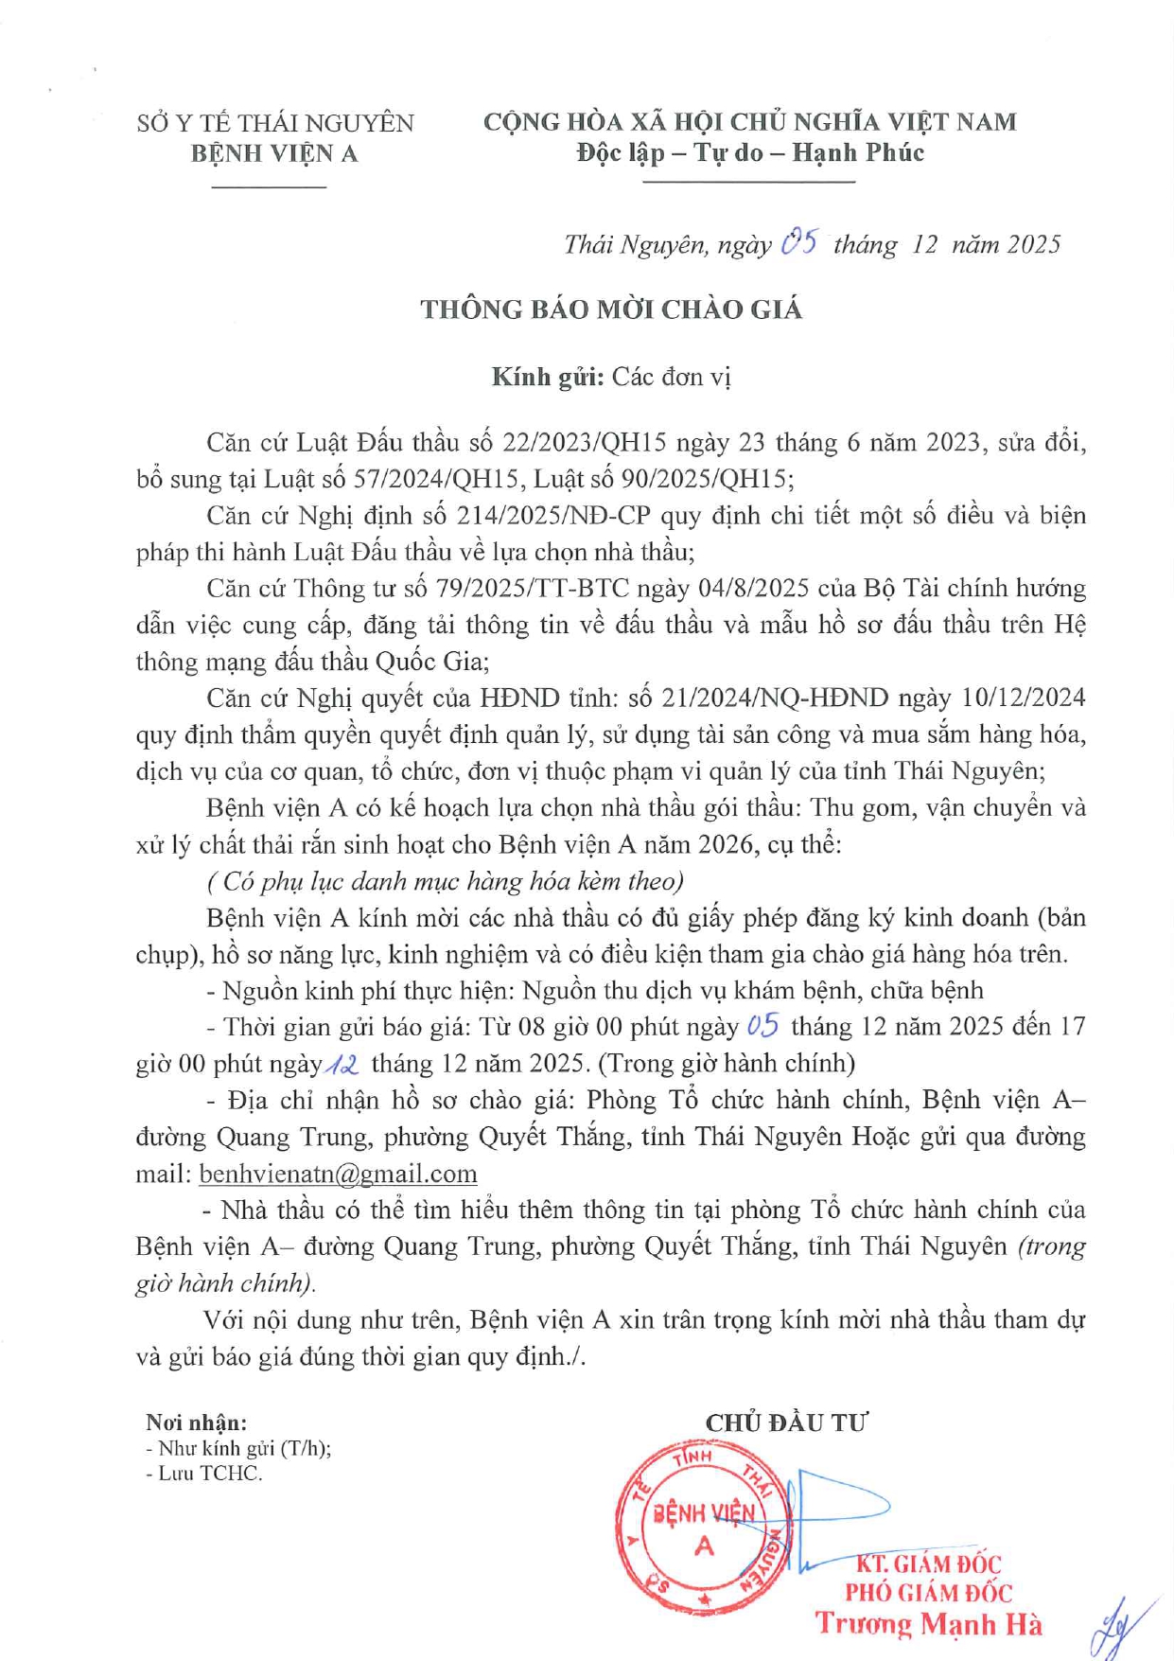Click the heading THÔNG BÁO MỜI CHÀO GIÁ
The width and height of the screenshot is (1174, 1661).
click(611, 309)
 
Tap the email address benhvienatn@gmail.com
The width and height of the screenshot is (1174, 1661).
click(338, 1174)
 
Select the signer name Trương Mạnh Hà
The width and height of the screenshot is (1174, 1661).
click(929, 1624)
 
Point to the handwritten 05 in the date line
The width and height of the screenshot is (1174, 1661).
click(800, 243)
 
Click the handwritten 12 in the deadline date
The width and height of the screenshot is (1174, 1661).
click(342, 1064)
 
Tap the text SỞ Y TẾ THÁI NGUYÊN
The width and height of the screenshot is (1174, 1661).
click(275, 123)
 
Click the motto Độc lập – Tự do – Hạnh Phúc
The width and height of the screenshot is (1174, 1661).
click(750, 152)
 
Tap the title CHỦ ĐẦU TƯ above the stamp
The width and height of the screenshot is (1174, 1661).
click(786, 1422)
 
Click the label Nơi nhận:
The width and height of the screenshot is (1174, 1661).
click(197, 1422)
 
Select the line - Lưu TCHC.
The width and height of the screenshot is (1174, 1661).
click(203, 1474)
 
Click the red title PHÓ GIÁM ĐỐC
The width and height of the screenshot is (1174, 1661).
click(928, 1593)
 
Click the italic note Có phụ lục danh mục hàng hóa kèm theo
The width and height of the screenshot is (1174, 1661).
click(445, 882)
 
